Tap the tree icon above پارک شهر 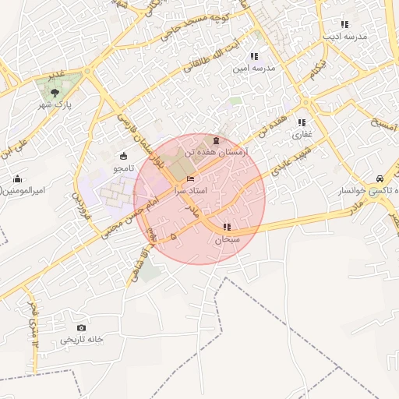54,92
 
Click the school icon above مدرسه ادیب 344,24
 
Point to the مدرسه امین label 254,68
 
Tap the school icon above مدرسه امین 254,55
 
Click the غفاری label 302,134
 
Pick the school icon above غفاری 302,122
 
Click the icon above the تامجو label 125,155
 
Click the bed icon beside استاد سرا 191,179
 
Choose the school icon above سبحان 226,227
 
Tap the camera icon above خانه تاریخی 82,327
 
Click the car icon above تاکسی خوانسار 380,178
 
